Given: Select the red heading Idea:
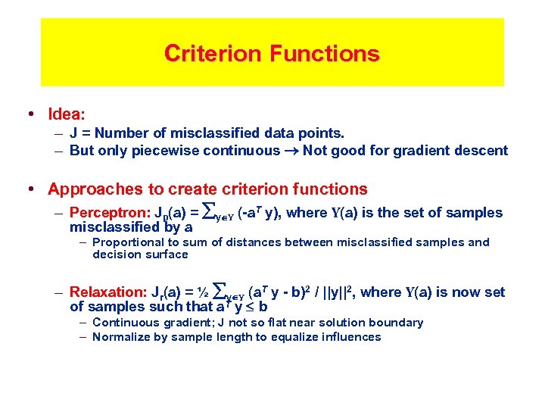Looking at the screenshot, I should [x=67, y=114].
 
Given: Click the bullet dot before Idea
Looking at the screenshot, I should [x=30, y=114].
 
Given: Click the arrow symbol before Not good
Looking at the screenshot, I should [x=291, y=151].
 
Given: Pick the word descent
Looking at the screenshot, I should [x=481, y=151].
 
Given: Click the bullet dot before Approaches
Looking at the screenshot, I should [x=30, y=189].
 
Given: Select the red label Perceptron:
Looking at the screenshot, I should [x=104, y=213].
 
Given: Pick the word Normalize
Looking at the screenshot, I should [x=124, y=337].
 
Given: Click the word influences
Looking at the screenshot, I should [x=349, y=337].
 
